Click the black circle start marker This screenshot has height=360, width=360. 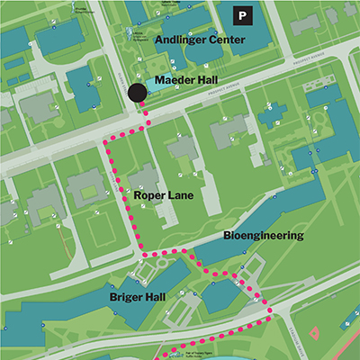pos(137,92)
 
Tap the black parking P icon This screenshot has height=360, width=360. pos(242,15)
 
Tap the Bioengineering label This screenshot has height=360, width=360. pos(264,236)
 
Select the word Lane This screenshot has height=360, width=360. pos(178,193)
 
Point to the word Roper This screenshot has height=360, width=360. pos(148,193)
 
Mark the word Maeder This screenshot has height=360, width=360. pos(172,81)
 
